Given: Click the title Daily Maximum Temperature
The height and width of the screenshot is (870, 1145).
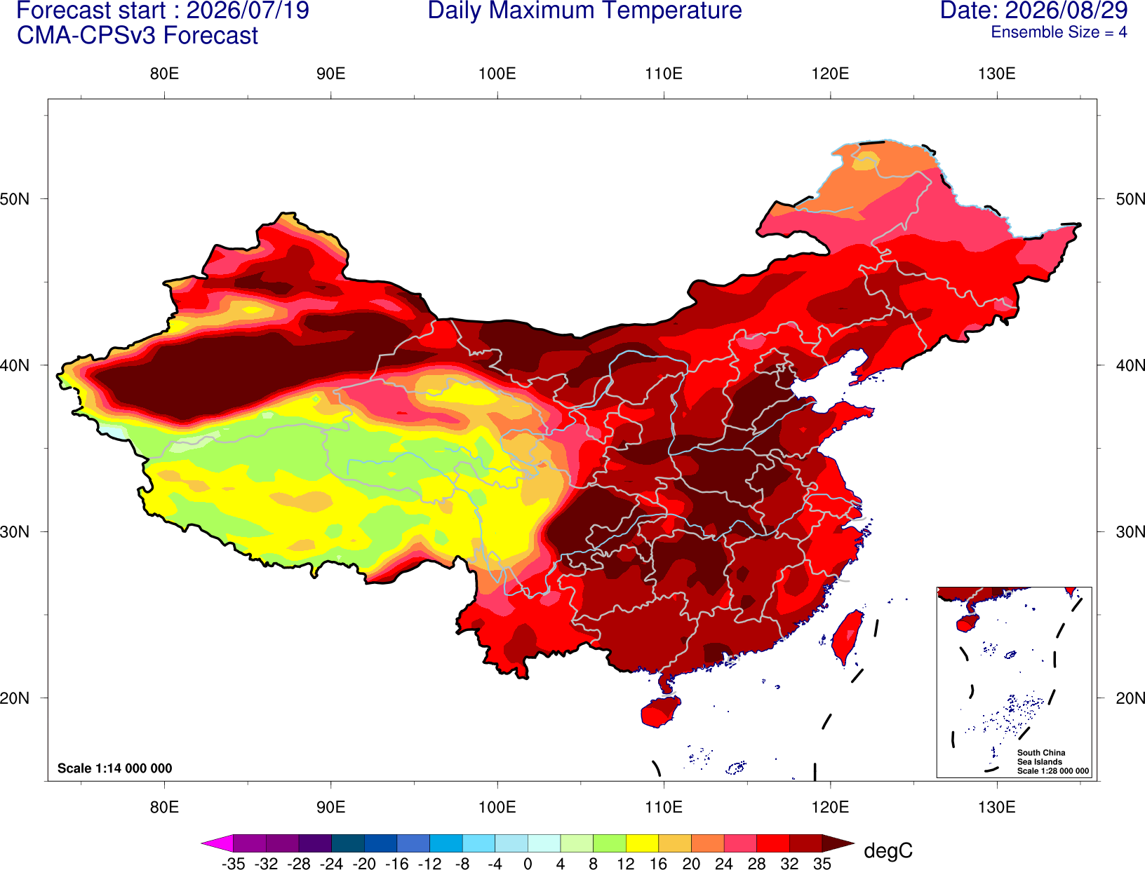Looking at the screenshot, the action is tap(584, 11).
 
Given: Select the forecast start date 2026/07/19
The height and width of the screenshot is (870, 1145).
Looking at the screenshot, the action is tap(248, 11).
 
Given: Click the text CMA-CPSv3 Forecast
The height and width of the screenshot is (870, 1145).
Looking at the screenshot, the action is tap(138, 36).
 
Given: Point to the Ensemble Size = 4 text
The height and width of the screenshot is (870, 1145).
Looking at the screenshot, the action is tap(1059, 32).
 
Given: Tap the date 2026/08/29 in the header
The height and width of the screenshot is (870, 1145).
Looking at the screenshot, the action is tap(1066, 11).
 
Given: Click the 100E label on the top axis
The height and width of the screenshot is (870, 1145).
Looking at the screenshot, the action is tap(497, 74).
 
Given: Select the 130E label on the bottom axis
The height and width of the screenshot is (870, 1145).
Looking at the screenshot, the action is tap(997, 808).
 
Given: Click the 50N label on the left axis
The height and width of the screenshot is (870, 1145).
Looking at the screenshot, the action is tap(15, 198).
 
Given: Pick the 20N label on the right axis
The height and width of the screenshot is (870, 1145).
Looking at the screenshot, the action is tap(1130, 698).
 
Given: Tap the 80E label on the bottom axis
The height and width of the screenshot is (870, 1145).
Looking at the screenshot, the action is tap(164, 808).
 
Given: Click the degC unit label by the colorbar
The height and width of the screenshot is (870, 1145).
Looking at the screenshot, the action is tap(888, 850).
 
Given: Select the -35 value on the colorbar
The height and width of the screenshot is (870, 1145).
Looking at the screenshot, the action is tap(233, 864).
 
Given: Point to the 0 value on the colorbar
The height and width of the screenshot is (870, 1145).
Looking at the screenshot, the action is tap(528, 864).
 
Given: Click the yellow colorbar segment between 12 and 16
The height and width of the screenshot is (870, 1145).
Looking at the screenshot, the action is tap(642, 843).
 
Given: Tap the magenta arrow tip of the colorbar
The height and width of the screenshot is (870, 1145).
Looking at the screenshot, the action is tap(203, 843).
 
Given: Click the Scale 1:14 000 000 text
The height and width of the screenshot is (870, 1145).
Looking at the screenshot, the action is tap(115, 768).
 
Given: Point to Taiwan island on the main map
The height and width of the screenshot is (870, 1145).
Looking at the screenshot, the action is tap(846, 637).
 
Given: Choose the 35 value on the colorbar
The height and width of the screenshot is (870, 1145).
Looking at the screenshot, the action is tap(822, 864).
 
